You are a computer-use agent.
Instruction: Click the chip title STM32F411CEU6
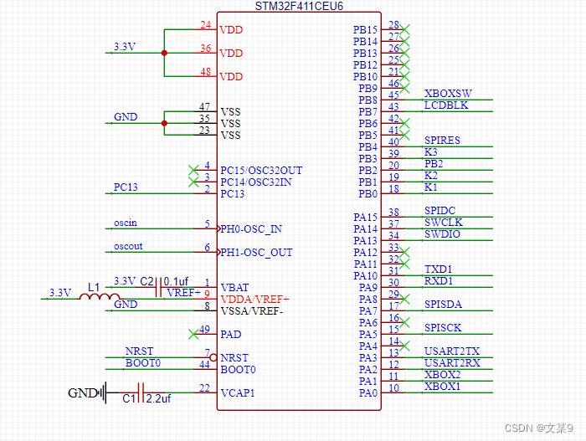point(299,6)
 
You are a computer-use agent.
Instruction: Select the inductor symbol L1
point(100,295)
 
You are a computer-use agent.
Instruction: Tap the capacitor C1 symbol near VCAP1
point(140,392)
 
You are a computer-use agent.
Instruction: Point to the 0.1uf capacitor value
point(176,281)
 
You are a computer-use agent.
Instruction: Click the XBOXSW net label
point(448,94)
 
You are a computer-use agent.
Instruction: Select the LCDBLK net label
point(446,105)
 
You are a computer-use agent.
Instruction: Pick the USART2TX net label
point(452,351)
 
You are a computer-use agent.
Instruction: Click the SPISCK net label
point(443,328)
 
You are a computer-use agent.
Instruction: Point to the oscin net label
point(126,223)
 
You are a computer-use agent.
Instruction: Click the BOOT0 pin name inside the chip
point(238,369)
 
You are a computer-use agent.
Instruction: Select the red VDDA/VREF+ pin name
point(254,299)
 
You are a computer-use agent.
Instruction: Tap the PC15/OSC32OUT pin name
point(261,170)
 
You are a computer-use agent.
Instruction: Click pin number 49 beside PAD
point(204,330)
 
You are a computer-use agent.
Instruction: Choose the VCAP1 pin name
point(238,392)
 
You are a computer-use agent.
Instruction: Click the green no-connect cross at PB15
point(406,29)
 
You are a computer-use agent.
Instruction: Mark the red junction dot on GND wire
point(164,123)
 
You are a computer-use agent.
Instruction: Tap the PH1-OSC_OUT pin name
point(257,252)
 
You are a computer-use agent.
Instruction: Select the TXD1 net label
point(439,269)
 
